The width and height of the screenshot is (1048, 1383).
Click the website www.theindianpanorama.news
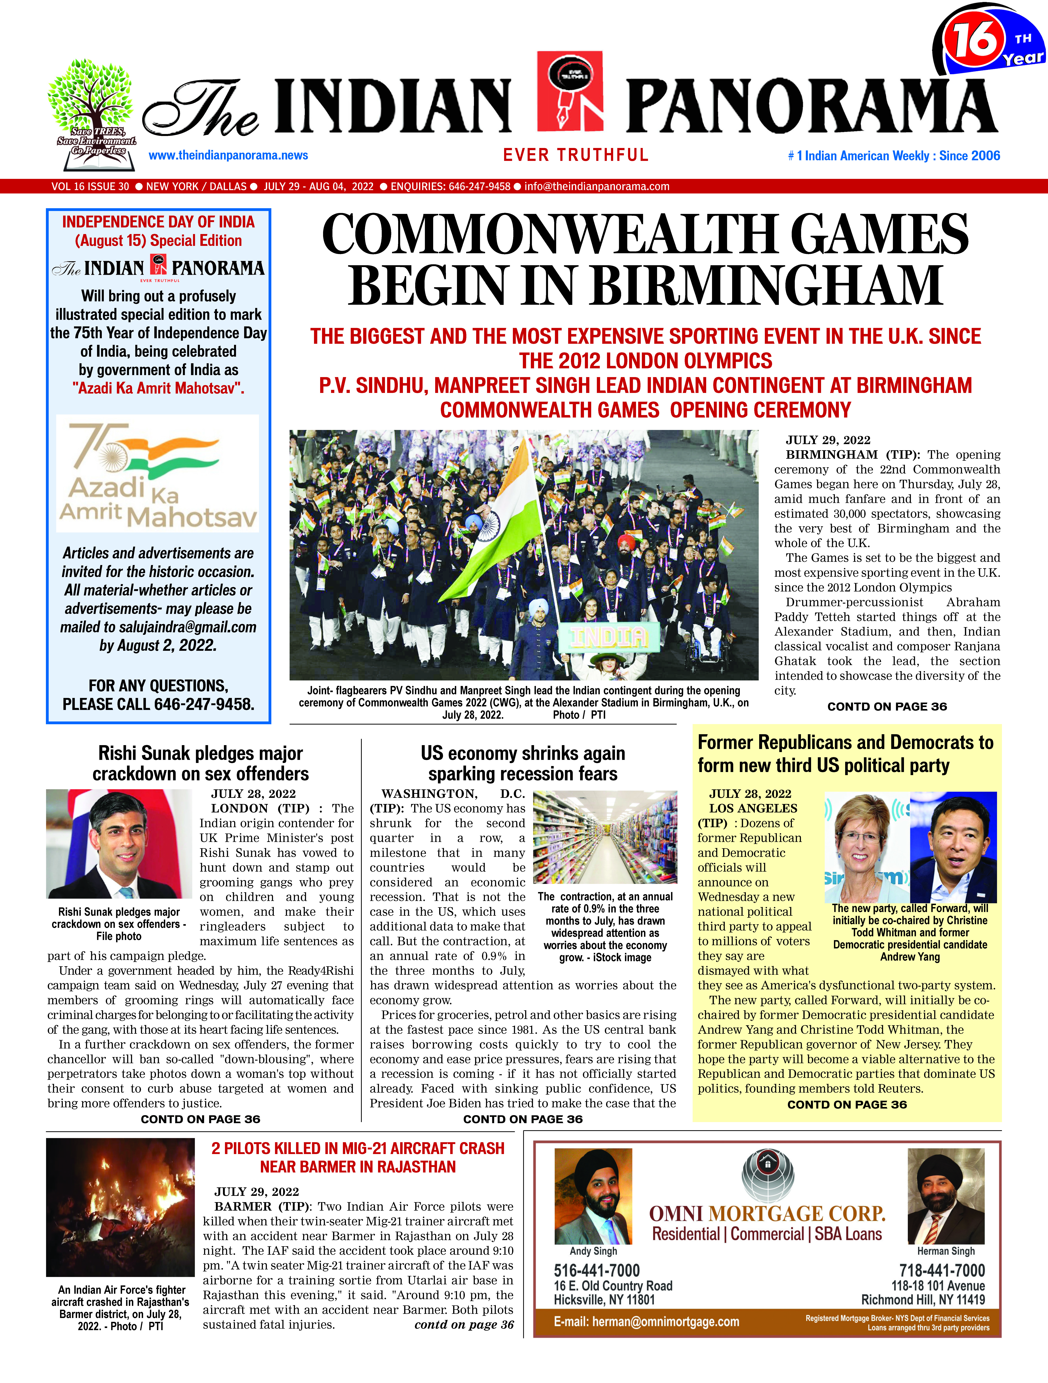tap(228, 155)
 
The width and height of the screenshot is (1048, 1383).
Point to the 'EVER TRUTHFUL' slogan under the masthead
tap(576, 155)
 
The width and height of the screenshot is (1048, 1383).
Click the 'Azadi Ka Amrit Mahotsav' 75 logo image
tap(158, 473)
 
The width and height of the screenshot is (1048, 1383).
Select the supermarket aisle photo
tap(605, 837)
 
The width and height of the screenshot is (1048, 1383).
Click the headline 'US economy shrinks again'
tap(522, 753)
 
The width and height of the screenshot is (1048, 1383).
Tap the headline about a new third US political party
tap(845, 753)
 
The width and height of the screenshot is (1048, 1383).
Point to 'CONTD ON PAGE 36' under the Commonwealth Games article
tap(887, 707)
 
